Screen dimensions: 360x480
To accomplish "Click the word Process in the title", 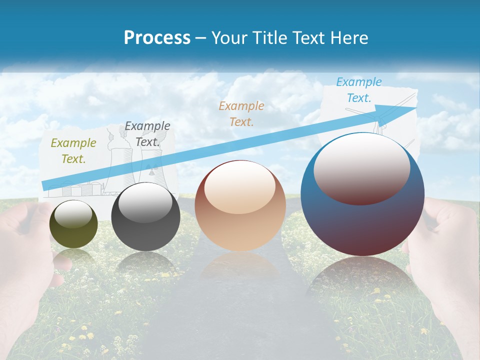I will tap(157, 38).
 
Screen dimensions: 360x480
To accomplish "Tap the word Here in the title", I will tap(348, 38).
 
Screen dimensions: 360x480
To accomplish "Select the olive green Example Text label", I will tap(73, 151).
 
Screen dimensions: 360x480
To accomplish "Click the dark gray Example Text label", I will tap(147, 134).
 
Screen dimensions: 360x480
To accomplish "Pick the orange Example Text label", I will tap(241, 113).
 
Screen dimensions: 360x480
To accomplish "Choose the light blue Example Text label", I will tap(359, 90).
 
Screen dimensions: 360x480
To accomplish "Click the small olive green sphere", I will tap(73, 224).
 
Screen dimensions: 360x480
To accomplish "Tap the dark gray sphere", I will tap(145, 217).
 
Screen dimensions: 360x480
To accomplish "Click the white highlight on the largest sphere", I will tap(361, 167).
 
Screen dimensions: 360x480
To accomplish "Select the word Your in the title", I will tap(228, 38).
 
